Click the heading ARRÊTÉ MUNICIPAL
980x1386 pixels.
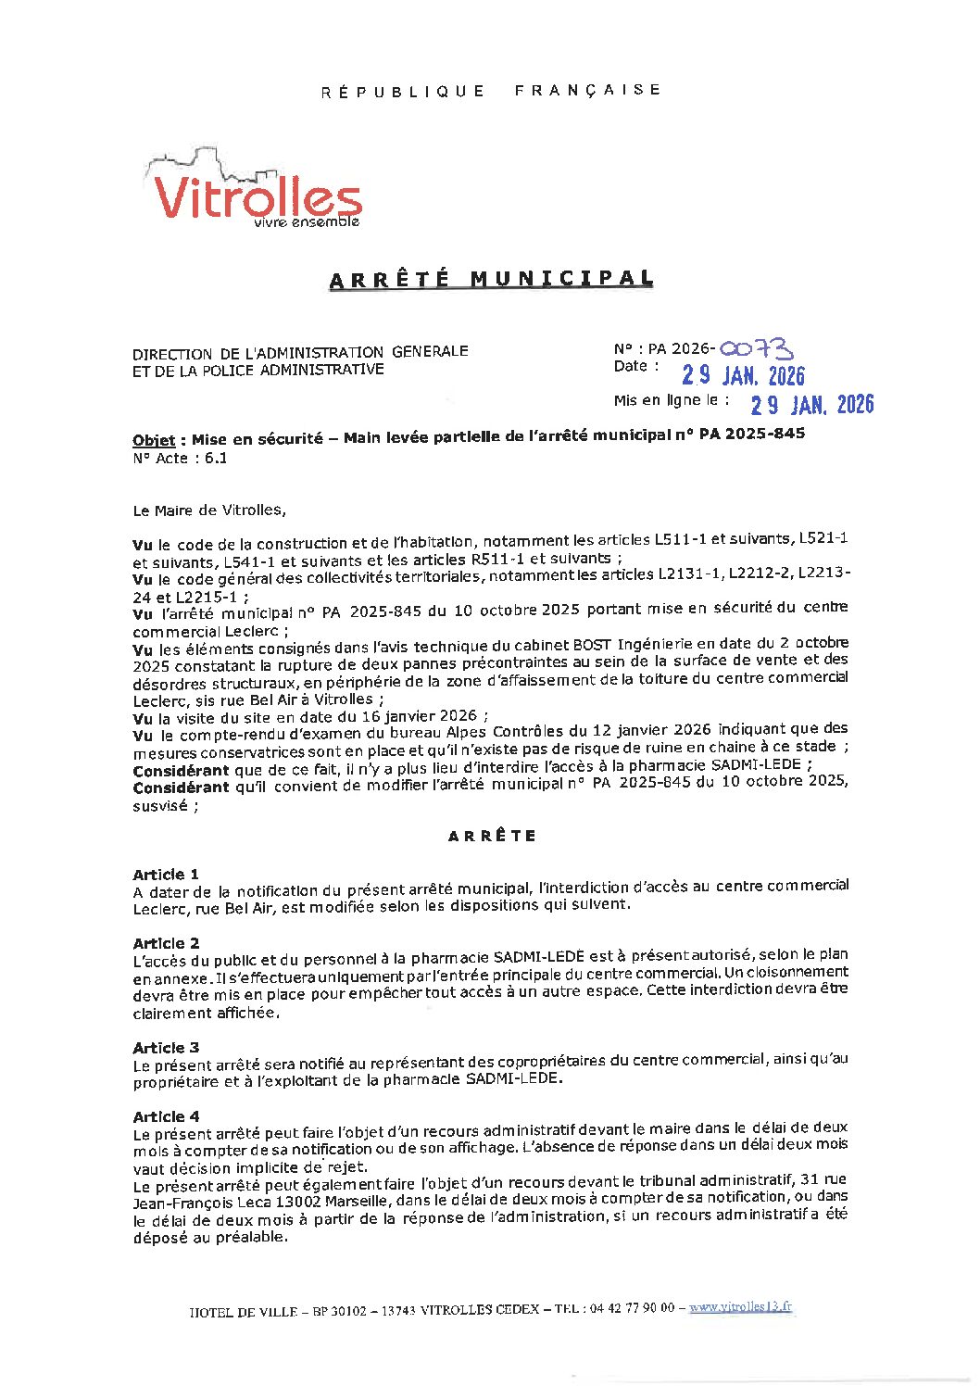click(491, 279)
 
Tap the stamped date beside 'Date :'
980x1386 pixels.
click(743, 375)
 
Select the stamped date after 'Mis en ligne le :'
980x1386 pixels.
click(811, 404)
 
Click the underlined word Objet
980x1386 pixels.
click(154, 440)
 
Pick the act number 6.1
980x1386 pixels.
click(216, 458)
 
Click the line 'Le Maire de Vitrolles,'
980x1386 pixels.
click(209, 510)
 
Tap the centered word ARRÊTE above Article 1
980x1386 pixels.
click(492, 836)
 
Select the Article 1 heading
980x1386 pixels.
click(166, 874)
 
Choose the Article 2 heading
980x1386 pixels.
click(166, 943)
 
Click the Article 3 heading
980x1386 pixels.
click(166, 1047)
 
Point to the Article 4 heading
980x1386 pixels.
click(166, 1116)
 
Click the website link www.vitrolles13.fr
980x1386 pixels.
click(740, 1306)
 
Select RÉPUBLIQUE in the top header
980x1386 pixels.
click(403, 91)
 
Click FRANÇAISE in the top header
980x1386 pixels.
click(587, 90)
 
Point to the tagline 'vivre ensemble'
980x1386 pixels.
click(307, 222)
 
